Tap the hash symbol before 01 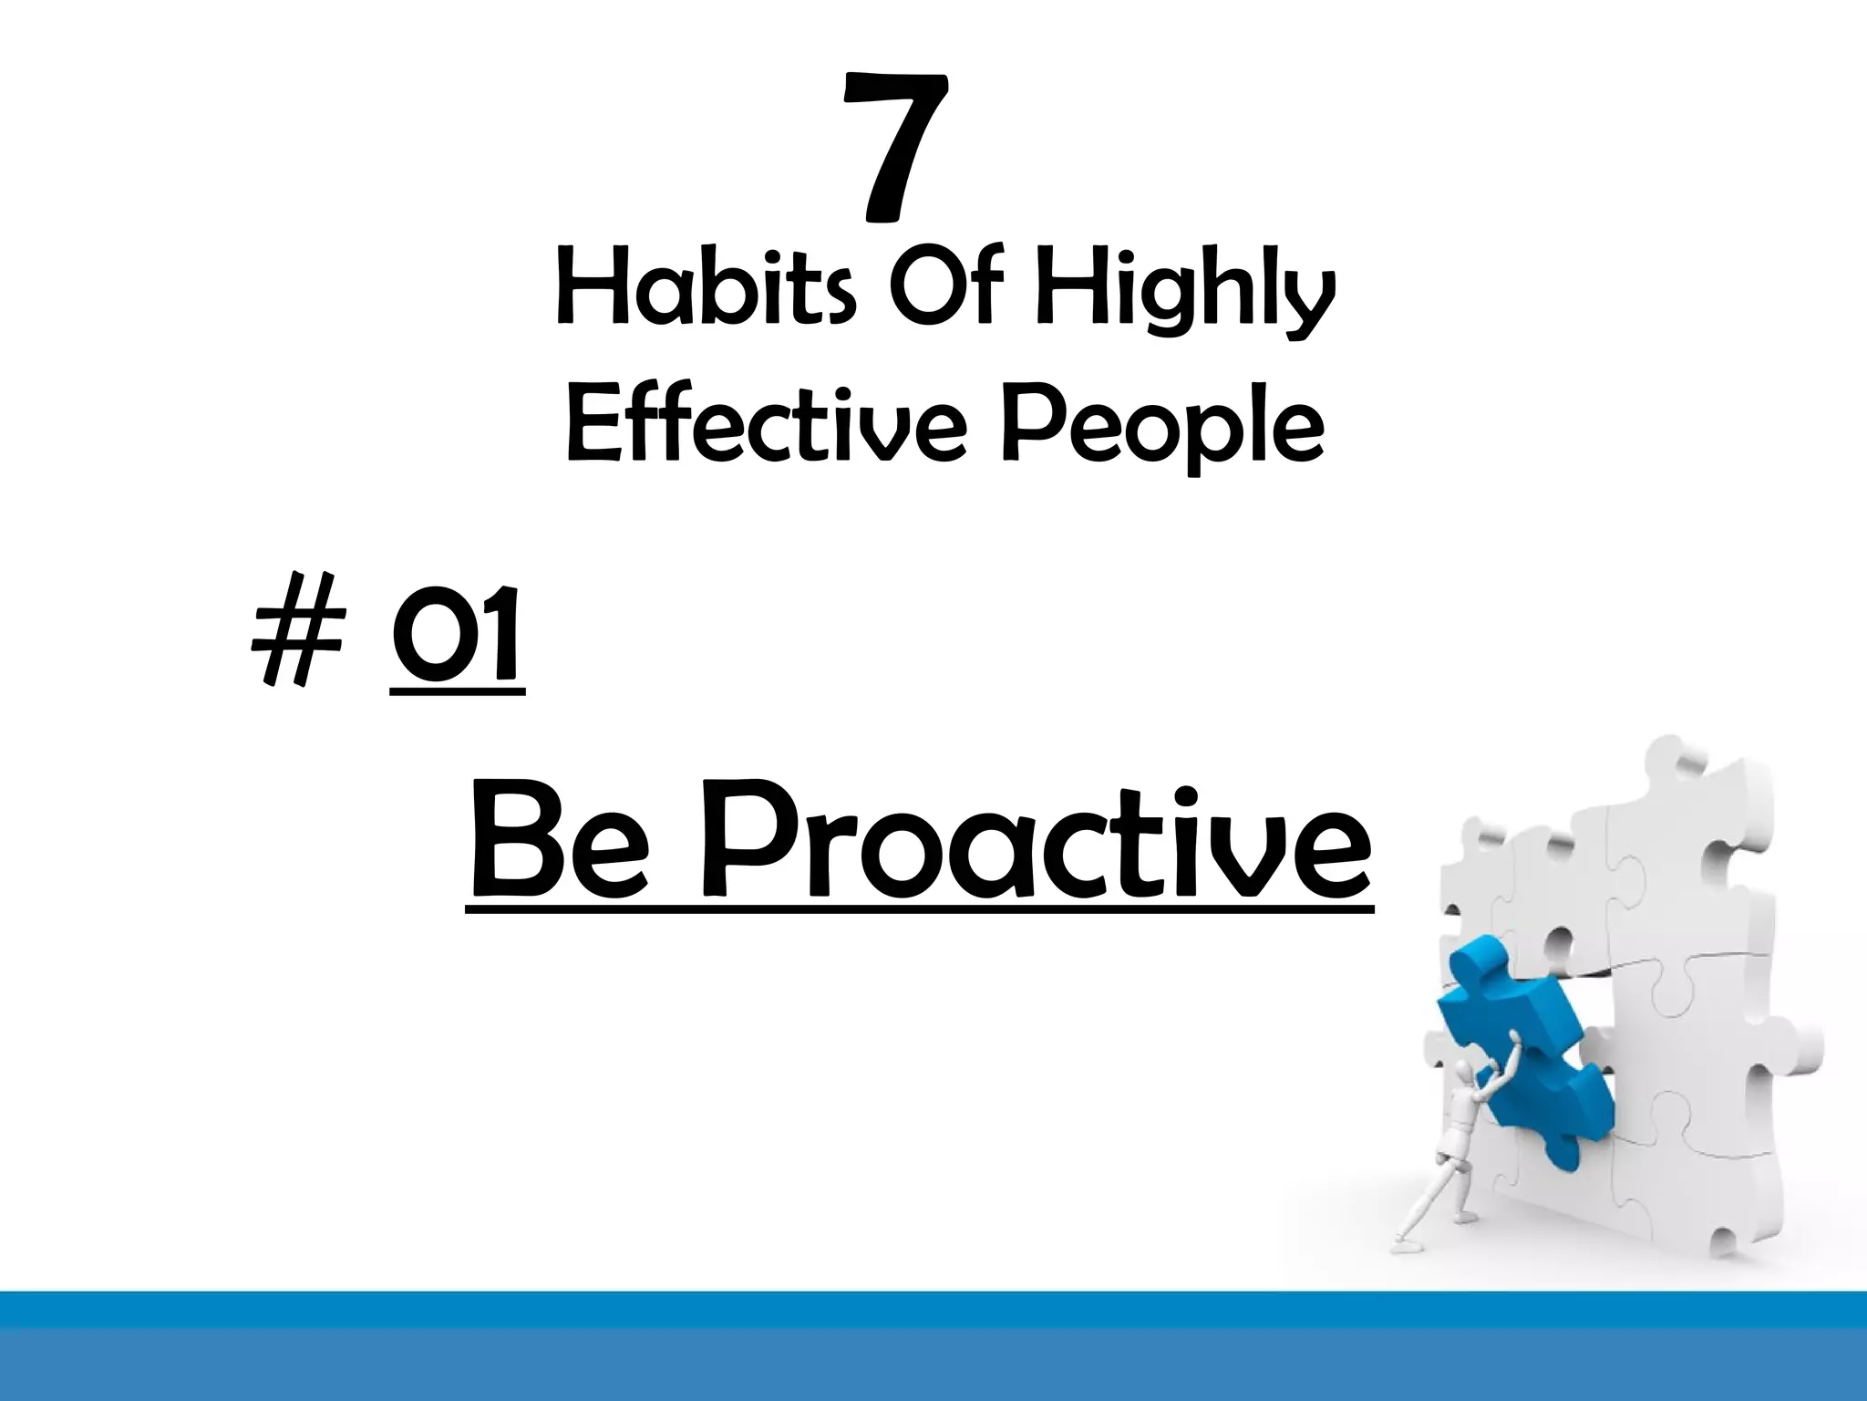[295, 638]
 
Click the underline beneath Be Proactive [919, 908]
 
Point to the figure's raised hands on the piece [1514, 1040]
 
